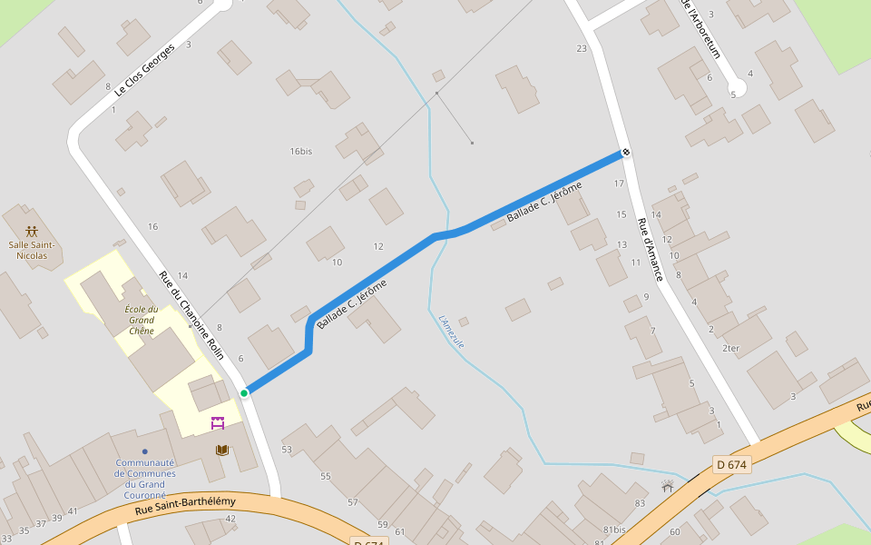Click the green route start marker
click(244, 393)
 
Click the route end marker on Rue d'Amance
click(626, 152)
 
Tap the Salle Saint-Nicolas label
click(33, 250)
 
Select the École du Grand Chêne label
click(141, 320)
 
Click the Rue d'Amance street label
click(650, 250)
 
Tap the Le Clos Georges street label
click(144, 70)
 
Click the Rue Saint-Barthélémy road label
click(185, 505)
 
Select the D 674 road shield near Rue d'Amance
click(731, 465)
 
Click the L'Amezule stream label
click(451, 332)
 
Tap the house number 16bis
click(300, 151)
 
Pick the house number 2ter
click(730, 348)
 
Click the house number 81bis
click(614, 530)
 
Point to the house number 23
click(582, 48)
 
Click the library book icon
click(221, 450)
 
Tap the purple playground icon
click(218, 422)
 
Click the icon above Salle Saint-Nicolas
click(32, 232)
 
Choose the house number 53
click(287, 450)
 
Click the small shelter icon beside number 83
click(668, 487)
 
